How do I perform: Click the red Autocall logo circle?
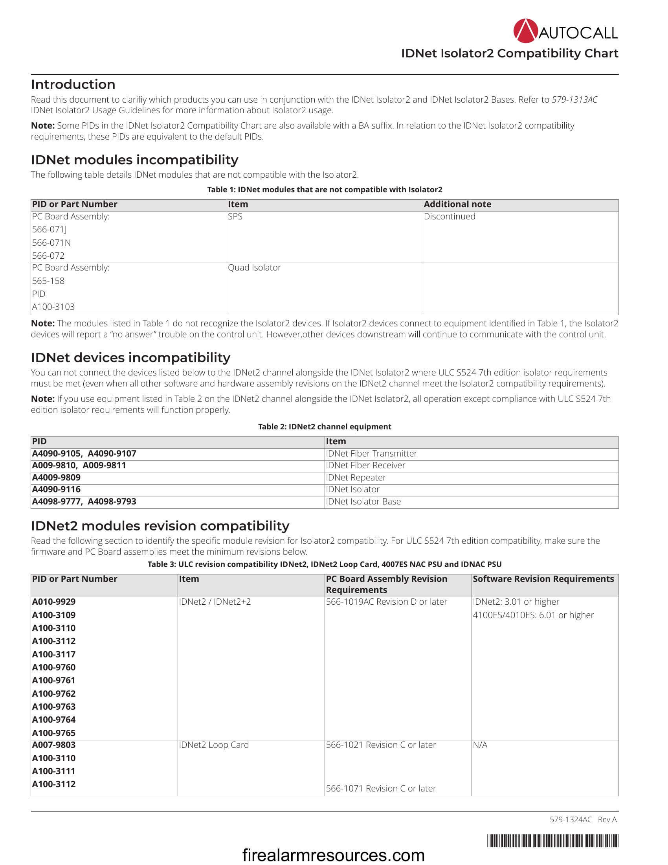(x=525, y=31)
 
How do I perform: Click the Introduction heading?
(x=73, y=85)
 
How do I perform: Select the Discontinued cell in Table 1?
(x=449, y=217)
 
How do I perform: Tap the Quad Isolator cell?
(x=254, y=268)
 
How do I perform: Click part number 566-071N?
(x=51, y=242)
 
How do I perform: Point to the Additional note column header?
(x=457, y=204)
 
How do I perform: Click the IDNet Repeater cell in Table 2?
(x=355, y=478)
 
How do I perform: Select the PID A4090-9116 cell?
(x=56, y=490)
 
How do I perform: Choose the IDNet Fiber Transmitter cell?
(x=371, y=453)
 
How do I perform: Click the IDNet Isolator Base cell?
(x=363, y=501)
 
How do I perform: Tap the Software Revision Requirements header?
(x=543, y=579)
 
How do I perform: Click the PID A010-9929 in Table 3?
(x=54, y=602)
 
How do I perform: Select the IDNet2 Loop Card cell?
(x=214, y=745)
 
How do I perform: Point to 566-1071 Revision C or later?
(x=381, y=789)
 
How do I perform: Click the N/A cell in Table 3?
(x=480, y=745)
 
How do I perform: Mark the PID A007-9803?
(x=54, y=745)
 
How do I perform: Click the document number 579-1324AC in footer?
(x=570, y=819)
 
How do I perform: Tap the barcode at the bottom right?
(x=552, y=841)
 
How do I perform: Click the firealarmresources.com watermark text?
(x=333, y=856)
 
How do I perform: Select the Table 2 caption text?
(x=325, y=427)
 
